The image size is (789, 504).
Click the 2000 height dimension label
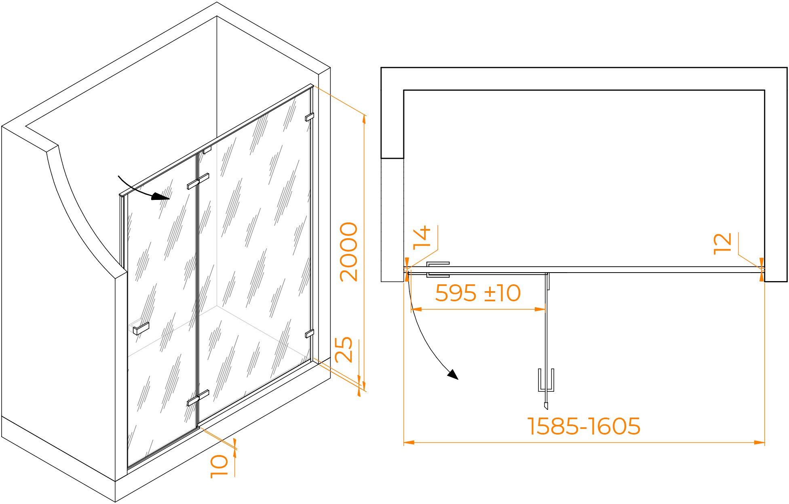349,251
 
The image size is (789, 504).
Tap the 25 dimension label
344,349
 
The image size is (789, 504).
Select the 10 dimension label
219,466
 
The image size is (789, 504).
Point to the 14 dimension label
422,237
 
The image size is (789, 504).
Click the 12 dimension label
722,244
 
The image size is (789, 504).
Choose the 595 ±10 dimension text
478,293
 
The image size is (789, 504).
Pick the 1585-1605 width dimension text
584,426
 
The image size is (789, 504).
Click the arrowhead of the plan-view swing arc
454,375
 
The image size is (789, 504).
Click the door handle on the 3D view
141,328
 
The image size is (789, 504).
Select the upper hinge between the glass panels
198,181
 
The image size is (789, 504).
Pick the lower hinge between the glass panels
198,398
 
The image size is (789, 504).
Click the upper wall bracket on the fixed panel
309,117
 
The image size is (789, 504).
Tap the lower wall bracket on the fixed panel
309,334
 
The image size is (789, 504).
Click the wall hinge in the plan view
438,270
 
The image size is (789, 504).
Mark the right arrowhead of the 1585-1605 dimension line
759,443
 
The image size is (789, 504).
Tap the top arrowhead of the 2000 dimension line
364,118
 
